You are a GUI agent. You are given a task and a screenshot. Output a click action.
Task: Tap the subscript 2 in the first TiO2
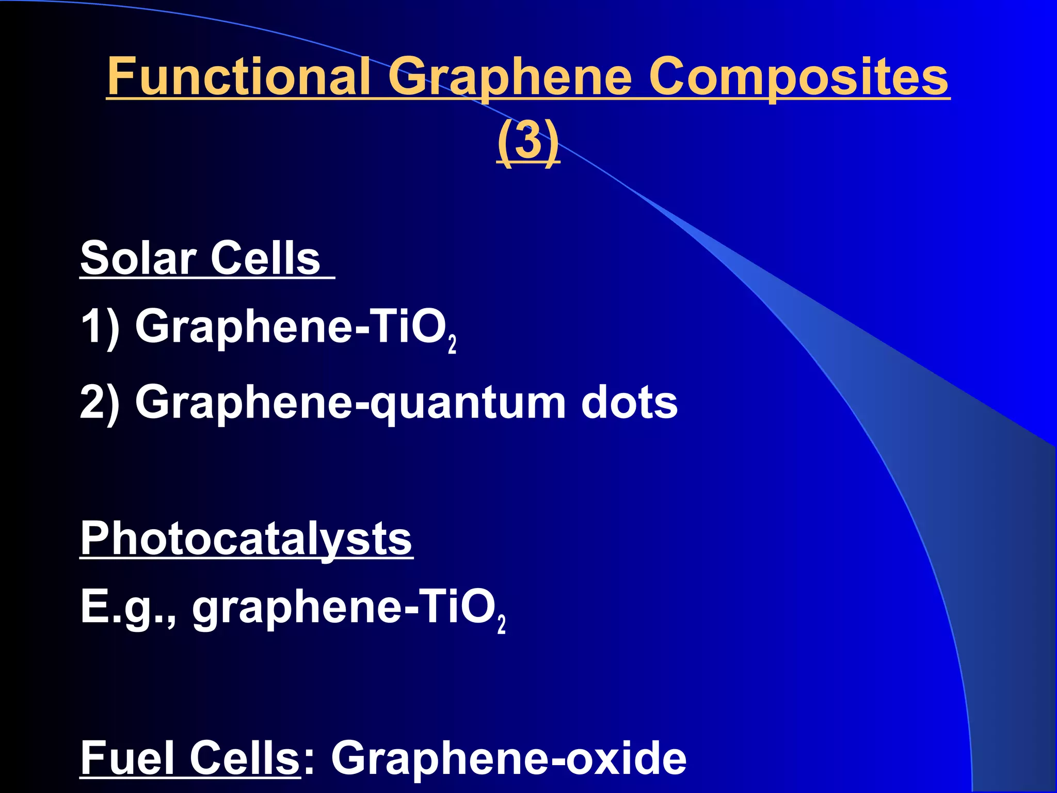(452, 344)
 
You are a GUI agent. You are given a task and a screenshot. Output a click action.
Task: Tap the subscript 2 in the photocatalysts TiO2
(501, 624)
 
